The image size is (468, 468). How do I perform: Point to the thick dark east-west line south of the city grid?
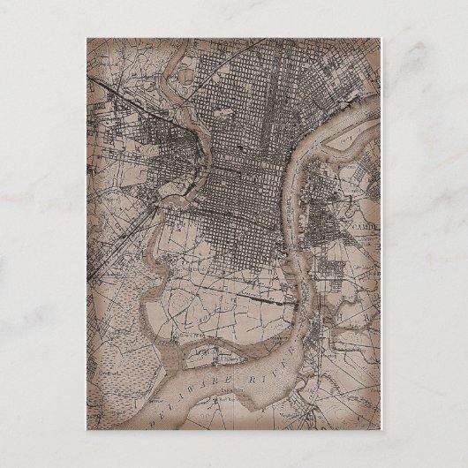coord(265,299)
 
